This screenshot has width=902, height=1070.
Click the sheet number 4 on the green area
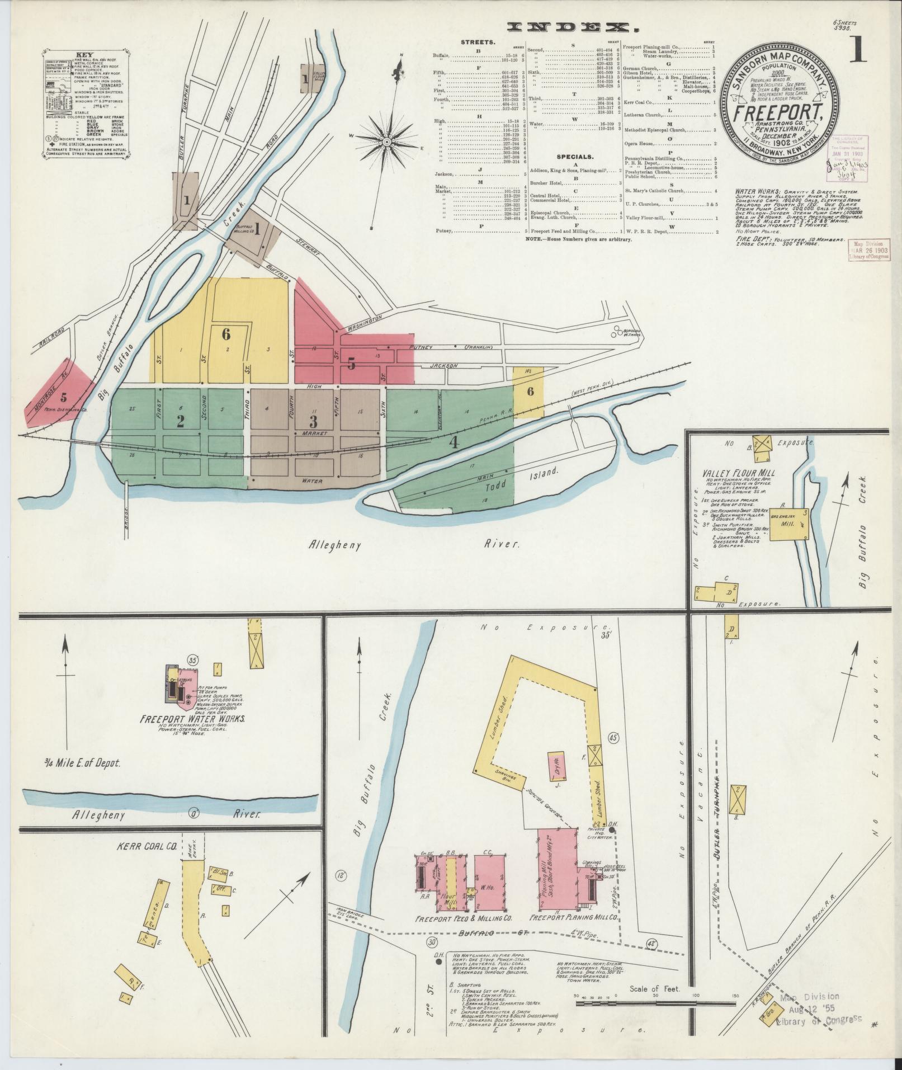[x=454, y=443]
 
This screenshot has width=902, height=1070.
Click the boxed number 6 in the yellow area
[x=226, y=334]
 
